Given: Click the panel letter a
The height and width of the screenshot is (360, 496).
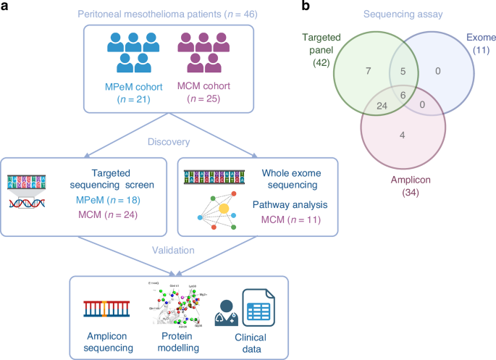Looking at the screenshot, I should pos(7,7).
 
